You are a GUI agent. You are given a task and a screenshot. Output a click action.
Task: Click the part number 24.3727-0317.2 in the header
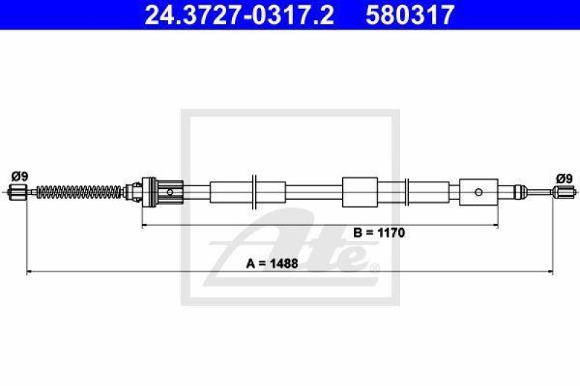(239, 14)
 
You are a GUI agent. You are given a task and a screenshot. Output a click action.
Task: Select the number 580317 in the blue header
(410, 14)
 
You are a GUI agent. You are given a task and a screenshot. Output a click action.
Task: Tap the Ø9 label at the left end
(20, 176)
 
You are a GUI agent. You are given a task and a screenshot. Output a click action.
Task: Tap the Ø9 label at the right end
(565, 179)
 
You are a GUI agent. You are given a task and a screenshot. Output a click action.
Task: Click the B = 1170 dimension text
(379, 232)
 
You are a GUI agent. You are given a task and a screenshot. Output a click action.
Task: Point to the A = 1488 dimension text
(272, 264)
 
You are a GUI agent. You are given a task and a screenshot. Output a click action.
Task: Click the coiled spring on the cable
(79, 192)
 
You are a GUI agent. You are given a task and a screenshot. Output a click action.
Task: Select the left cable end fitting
(17, 192)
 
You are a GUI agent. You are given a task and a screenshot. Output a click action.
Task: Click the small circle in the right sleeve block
(478, 192)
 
